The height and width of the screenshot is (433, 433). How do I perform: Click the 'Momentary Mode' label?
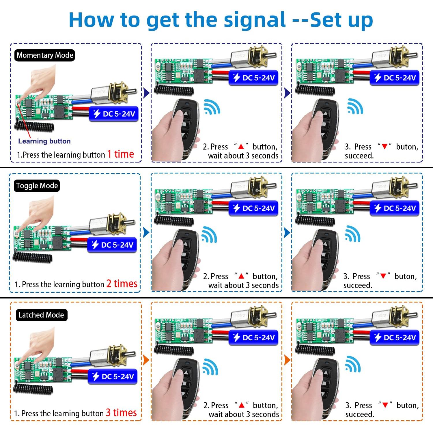click(45, 55)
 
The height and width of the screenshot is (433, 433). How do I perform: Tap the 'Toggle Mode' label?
click(37, 186)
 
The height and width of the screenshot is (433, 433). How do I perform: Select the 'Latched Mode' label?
click(41, 315)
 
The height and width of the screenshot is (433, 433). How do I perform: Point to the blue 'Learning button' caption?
click(44, 141)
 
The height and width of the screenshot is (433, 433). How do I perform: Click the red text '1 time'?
click(121, 154)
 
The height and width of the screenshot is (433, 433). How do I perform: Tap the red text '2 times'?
click(122, 284)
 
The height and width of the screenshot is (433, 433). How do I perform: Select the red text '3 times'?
click(121, 413)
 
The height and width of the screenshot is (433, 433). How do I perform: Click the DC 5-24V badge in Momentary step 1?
click(114, 114)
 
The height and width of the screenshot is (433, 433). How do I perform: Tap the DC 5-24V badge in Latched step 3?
click(395, 337)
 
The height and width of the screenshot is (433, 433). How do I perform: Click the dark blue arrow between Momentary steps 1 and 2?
click(146, 93)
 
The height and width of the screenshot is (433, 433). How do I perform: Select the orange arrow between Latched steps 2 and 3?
click(287, 360)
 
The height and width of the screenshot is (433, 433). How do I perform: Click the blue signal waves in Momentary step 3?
click(355, 106)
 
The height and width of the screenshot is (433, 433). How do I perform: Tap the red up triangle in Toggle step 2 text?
click(241, 276)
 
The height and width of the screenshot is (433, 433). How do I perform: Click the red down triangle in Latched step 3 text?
click(385, 405)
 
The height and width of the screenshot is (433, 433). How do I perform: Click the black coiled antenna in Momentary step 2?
click(174, 90)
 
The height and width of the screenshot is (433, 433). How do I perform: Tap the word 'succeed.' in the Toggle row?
click(358, 285)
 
